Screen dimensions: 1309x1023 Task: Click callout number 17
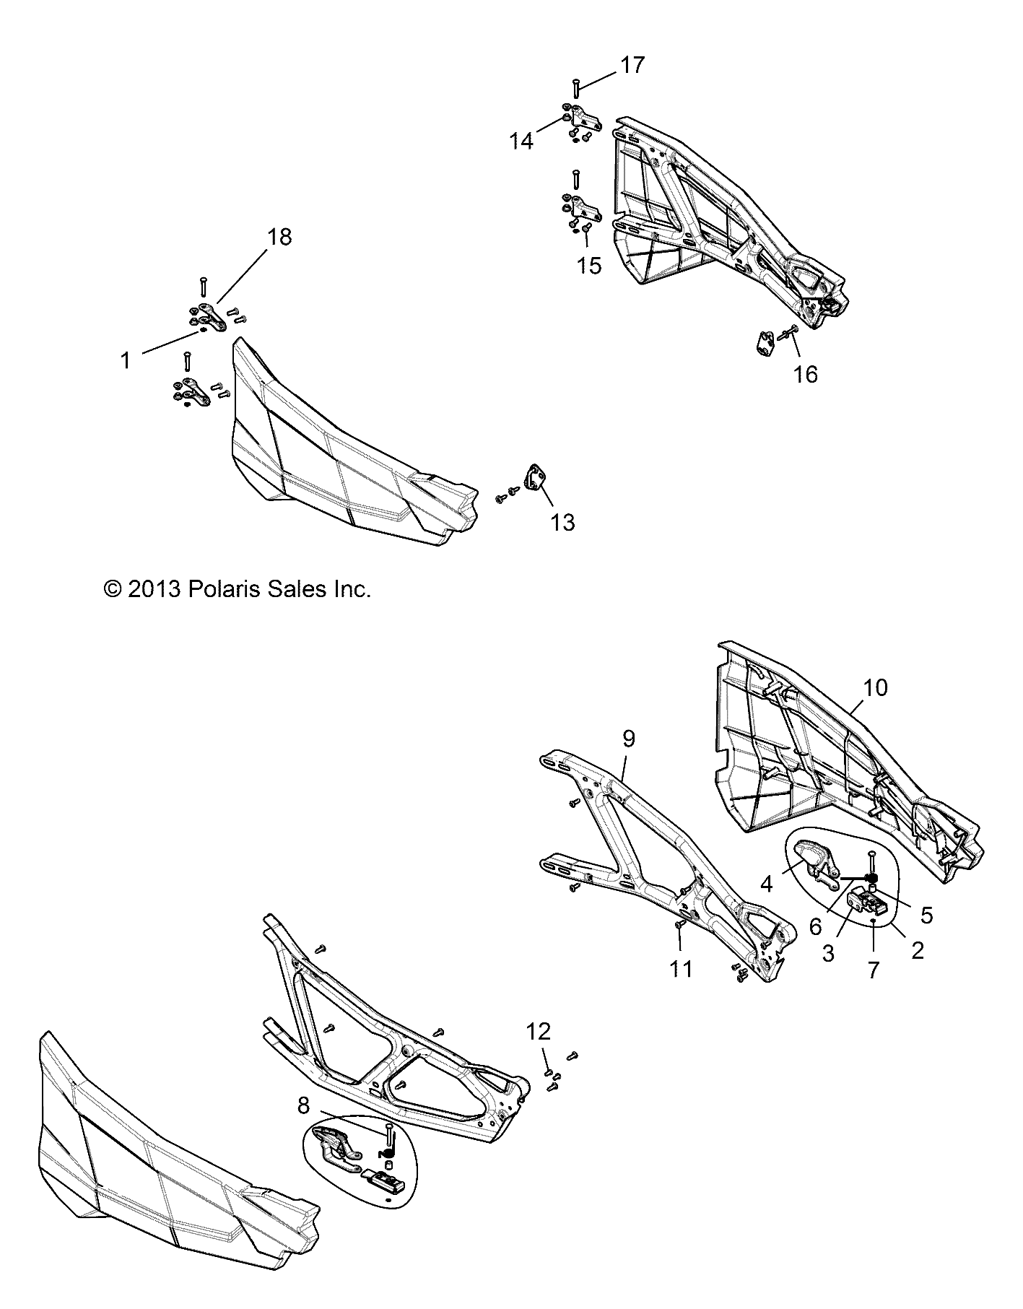pyautogui.click(x=632, y=66)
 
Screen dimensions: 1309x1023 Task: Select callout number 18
pyautogui.click(x=279, y=237)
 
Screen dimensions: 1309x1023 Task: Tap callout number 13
pyautogui.click(x=562, y=522)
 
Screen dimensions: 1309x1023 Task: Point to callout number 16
pyautogui.click(x=806, y=374)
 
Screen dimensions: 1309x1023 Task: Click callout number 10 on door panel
pyautogui.click(x=874, y=687)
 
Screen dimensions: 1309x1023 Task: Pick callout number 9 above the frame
pyautogui.click(x=628, y=739)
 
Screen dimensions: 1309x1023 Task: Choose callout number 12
pyautogui.click(x=538, y=1030)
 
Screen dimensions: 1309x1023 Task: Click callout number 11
pyautogui.click(x=680, y=968)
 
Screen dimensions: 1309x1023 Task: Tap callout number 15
pyautogui.click(x=590, y=266)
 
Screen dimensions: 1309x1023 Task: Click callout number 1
pyautogui.click(x=126, y=360)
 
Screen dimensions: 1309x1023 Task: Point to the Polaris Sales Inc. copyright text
pyautogui.click(x=238, y=589)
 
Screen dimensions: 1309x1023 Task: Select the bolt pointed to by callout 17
pyautogui.click(x=576, y=90)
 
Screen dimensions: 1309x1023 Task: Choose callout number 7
pyautogui.click(x=874, y=970)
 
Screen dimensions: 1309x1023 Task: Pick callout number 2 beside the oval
pyautogui.click(x=917, y=950)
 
